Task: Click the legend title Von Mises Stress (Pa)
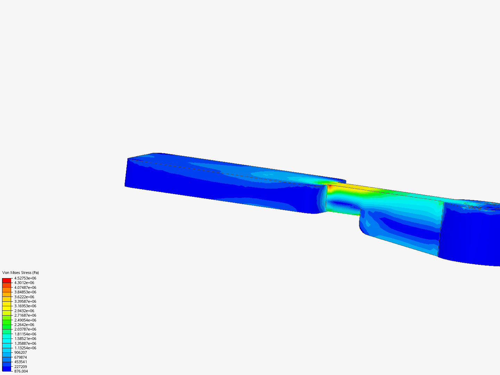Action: (20, 273)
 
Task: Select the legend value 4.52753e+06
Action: (25, 278)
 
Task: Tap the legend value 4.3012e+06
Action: (24, 283)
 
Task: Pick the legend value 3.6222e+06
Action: (24, 297)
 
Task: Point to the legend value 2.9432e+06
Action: (24, 311)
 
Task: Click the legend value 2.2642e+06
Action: (24, 325)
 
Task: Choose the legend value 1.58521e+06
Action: (25, 339)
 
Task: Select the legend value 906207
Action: (20, 352)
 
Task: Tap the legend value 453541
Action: (20, 362)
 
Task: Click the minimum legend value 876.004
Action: (21, 371)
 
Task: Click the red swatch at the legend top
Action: (7, 280)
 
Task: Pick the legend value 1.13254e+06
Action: (25, 348)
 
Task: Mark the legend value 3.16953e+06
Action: (25, 306)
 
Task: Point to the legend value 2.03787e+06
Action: (25, 329)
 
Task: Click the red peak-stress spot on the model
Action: (330, 187)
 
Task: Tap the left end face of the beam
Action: (126, 173)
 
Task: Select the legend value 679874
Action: (20, 357)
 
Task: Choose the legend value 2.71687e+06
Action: (25, 315)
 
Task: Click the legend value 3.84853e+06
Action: (25, 292)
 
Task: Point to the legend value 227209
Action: (20, 367)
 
